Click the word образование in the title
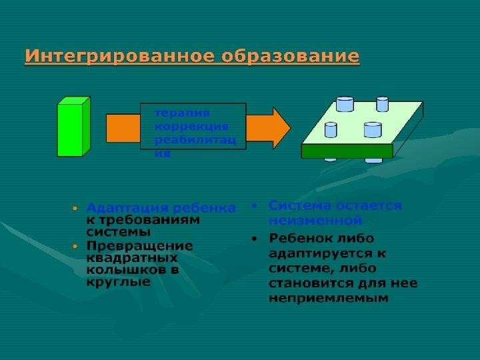coord(291,57)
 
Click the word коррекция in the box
coord(191,127)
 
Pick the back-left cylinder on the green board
coord(345,104)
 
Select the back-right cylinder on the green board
coord(382,104)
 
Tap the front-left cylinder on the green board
coord(331,131)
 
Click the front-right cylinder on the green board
coord(373,130)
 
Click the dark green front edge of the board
coord(347,151)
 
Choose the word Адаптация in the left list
coord(122,208)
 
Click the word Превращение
coord(139,245)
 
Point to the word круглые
coord(118,281)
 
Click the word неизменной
coord(315,220)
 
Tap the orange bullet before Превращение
coord(75,246)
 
